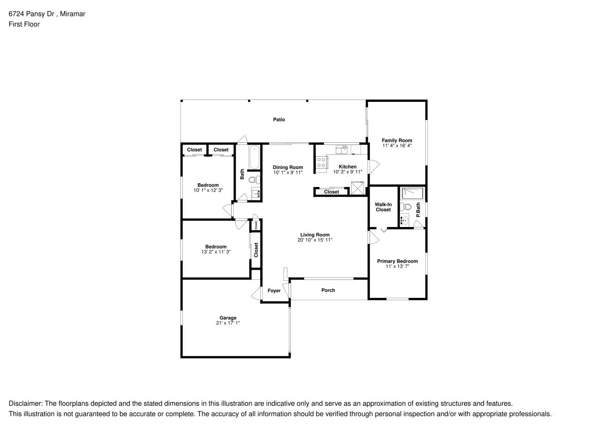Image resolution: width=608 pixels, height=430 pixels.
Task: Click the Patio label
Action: (x=279, y=120)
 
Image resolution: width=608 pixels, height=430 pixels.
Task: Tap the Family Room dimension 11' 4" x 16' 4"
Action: (x=397, y=146)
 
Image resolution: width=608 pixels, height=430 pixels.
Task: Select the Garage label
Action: (x=228, y=318)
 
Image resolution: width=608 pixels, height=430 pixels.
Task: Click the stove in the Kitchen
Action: (x=321, y=162)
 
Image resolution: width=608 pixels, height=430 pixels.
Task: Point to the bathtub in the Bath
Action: (x=255, y=157)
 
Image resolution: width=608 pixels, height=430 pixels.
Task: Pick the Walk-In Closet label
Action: (x=383, y=207)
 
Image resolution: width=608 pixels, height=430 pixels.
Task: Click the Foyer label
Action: (x=274, y=291)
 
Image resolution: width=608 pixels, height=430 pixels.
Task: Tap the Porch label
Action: (x=328, y=290)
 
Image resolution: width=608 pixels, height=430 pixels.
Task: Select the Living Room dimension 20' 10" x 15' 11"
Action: (x=315, y=240)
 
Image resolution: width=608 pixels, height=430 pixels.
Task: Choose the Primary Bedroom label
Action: (x=397, y=261)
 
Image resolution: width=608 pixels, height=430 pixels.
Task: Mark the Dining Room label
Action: (x=288, y=167)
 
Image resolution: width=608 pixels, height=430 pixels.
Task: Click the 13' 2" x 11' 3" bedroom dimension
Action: (x=216, y=252)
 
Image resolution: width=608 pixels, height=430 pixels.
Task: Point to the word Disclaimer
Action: (x=25, y=404)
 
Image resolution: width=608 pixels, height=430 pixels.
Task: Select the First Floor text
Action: (x=24, y=24)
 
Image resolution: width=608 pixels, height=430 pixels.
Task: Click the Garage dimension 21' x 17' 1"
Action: (x=228, y=323)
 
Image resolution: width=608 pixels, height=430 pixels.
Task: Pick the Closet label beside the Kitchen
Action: (x=332, y=192)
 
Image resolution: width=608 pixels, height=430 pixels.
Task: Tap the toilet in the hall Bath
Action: (x=255, y=179)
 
